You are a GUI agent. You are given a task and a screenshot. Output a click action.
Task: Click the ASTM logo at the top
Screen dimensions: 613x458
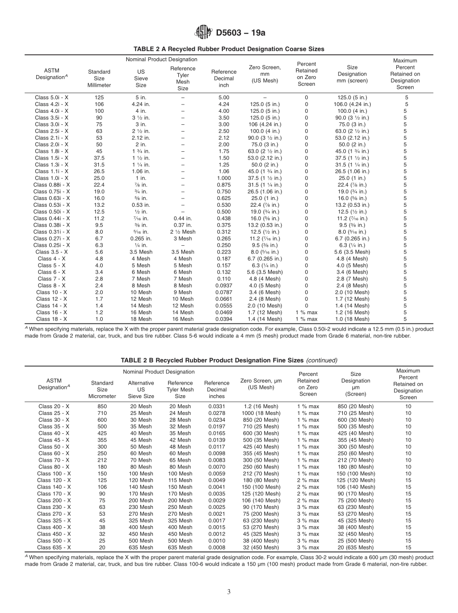pos(203,32)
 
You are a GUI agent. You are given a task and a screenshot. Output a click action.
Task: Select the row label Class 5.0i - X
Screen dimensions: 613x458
pos(52,97)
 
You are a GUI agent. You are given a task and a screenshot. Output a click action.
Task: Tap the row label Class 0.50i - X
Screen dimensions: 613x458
pos(52,212)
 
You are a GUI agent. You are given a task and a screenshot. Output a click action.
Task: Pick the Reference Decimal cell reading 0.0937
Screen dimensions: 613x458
pos(223,285)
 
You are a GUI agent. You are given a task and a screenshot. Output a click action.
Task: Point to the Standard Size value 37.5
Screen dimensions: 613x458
pos(99,158)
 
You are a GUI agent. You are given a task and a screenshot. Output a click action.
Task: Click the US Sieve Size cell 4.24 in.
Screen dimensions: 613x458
pos(141,104)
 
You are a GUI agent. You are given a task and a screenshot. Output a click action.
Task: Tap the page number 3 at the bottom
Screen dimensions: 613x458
pos(229,592)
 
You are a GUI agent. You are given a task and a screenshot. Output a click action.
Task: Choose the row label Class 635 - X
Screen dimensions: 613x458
pos(54,547)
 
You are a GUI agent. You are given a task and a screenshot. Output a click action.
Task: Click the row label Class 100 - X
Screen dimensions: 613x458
pos(54,473)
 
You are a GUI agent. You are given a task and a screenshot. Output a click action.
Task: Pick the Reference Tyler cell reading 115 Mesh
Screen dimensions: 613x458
pos(180,480)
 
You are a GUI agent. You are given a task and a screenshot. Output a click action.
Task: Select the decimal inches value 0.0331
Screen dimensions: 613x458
pos(216,406)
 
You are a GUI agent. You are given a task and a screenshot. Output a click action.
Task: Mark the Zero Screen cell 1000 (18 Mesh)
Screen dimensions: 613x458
pos(261,413)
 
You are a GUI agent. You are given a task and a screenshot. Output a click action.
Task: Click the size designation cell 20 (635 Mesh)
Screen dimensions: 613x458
pos(356,547)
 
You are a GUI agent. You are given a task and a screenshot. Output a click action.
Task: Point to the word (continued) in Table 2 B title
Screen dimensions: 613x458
pos(322,360)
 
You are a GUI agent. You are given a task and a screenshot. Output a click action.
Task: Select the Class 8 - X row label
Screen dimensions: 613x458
pos(52,285)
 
